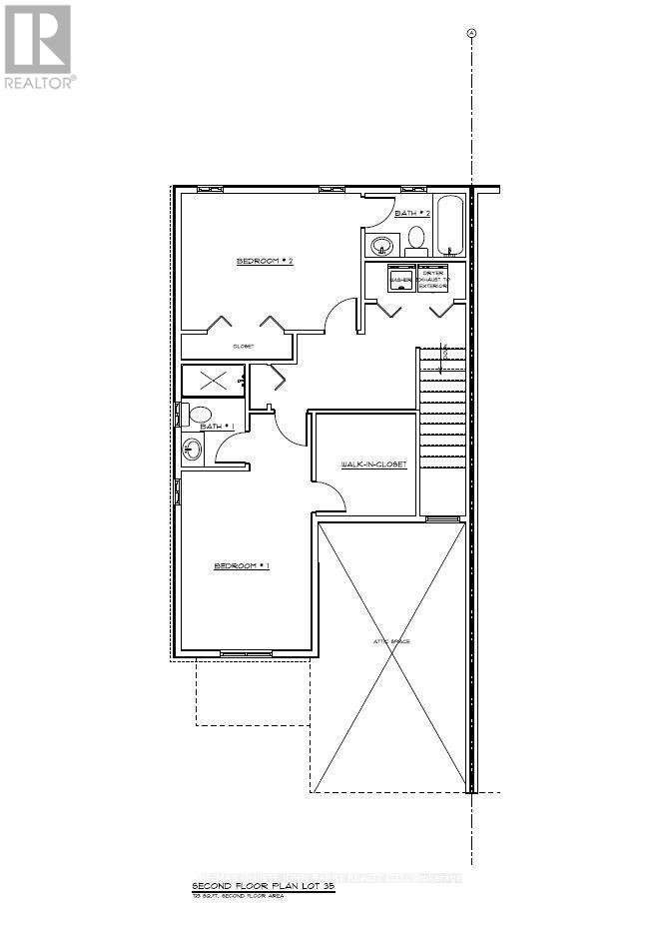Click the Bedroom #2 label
[x=263, y=262]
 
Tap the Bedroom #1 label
[x=242, y=566]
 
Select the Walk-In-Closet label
[x=373, y=465]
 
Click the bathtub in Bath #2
[x=450, y=225]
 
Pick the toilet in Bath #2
[x=416, y=239]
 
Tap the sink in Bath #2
[x=381, y=244]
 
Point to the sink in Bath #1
[x=192, y=451]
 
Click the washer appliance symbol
[x=400, y=279]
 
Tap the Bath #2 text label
[x=411, y=213]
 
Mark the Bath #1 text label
[x=217, y=427]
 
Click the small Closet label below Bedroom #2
[x=243, y=347]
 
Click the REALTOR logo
[x=38, y=46]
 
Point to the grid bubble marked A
[x=472, y=33]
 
